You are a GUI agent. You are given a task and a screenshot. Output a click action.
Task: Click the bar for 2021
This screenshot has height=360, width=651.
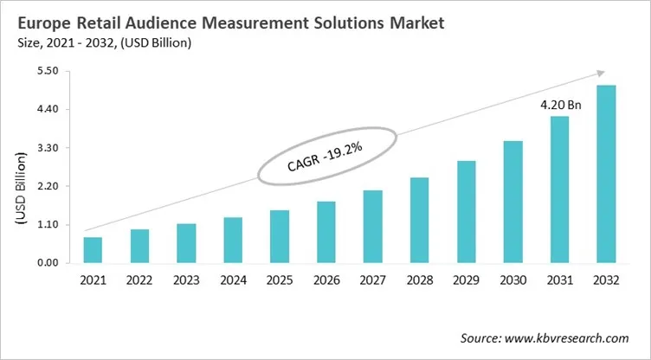coord(93,249)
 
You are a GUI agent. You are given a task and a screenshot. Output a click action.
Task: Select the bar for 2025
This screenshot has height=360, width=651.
coord(280,236)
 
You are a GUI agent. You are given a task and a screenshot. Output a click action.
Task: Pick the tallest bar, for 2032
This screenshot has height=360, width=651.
coord(606,174)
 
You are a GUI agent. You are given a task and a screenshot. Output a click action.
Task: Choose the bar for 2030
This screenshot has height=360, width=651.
coord(513,202)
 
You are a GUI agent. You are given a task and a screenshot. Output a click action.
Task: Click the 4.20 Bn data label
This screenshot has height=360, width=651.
coord(560,104)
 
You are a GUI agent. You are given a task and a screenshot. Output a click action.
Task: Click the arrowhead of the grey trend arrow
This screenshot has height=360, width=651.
coord(600,74)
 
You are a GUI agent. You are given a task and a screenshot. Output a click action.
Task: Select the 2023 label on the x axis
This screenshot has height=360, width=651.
coord(186,281)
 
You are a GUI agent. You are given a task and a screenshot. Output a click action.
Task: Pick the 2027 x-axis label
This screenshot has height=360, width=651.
coord(373,281)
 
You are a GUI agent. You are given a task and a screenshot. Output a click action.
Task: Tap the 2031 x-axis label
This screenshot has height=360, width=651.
coord(560,281)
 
